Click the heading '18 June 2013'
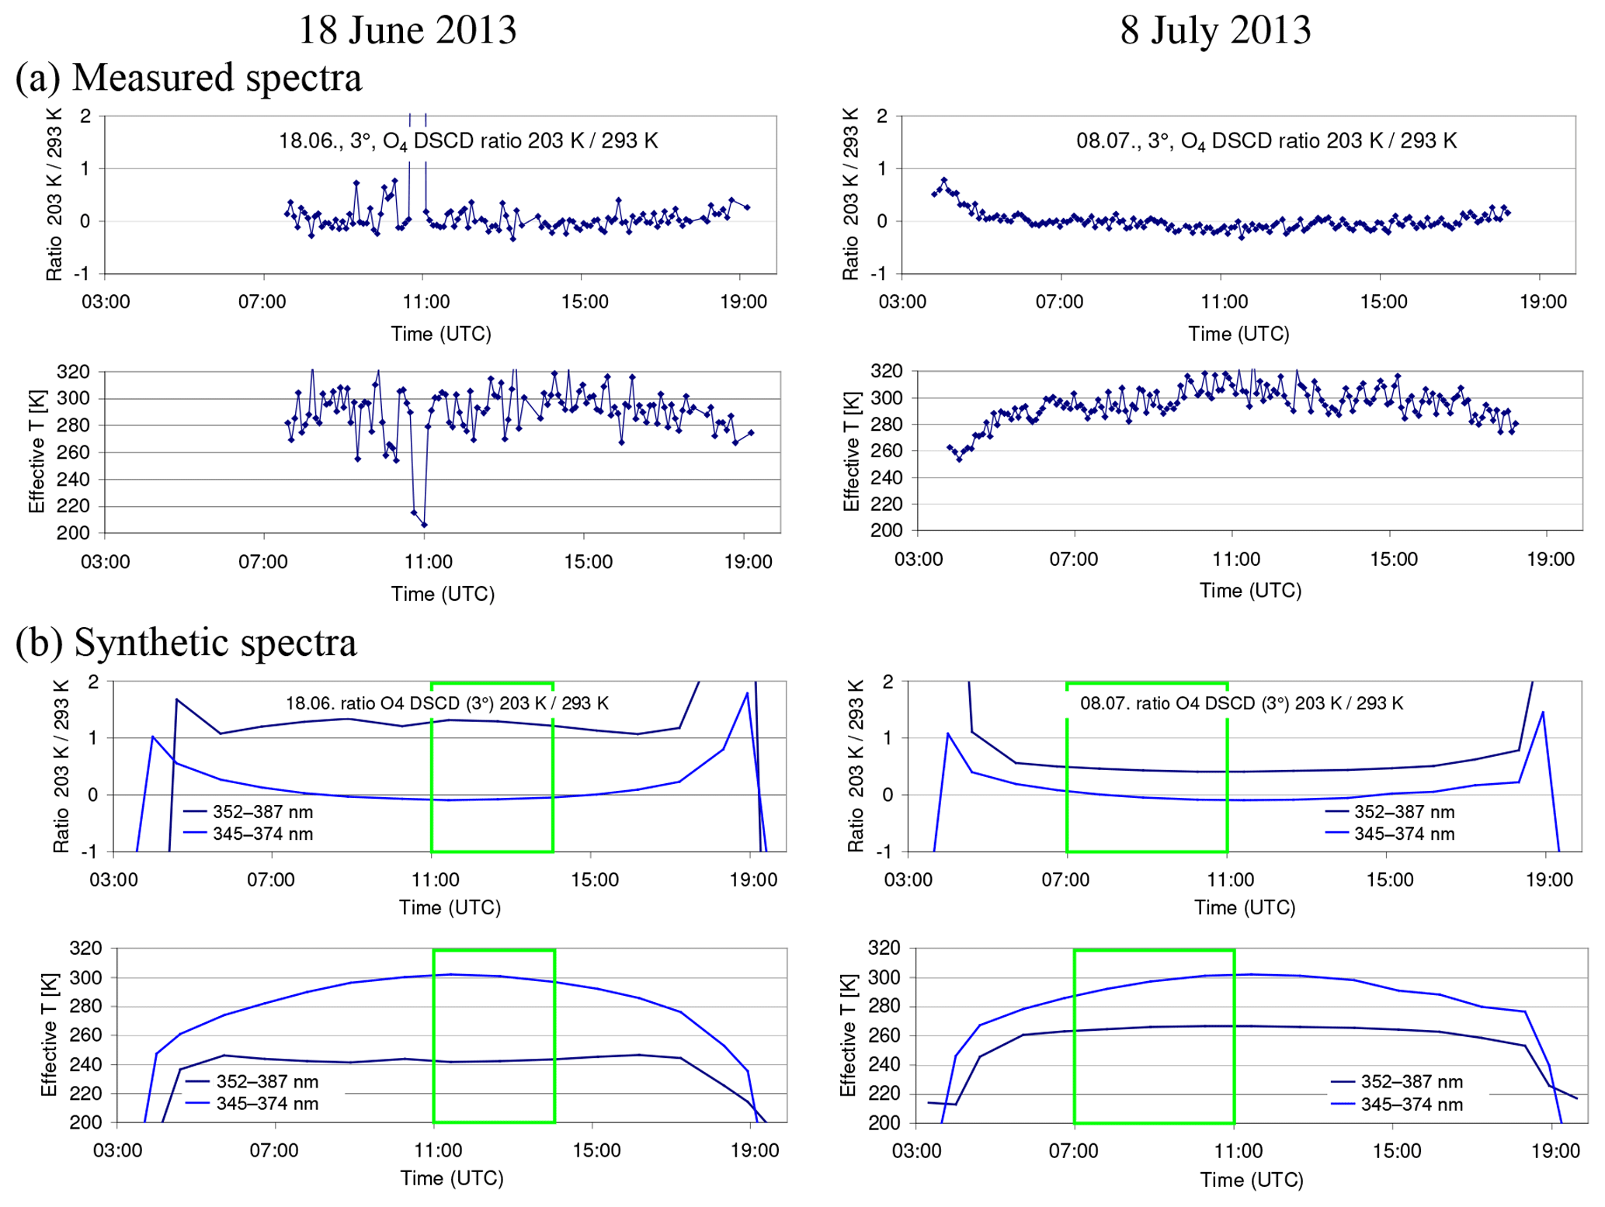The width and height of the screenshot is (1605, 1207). coord(407,30)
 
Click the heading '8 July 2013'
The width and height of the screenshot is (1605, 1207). coord(1214,30)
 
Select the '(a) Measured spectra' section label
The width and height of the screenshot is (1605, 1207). coord(189,78)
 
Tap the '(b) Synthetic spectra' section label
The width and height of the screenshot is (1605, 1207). coord(186,643)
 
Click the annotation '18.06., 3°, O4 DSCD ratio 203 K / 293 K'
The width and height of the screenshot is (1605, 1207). coord(468,141)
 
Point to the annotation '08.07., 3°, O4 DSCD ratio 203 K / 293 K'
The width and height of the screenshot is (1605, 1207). coord(1266,141)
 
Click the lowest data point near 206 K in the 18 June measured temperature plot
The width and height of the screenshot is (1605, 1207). coord(424,525)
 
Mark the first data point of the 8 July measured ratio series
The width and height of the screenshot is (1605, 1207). coord(934,194)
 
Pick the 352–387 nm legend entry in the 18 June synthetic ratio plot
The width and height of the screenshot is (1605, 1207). coord(248,812)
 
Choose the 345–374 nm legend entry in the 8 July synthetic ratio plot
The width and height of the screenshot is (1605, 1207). coord(1390,834)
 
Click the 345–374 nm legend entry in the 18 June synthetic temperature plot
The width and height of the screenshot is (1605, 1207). coord(252,1104)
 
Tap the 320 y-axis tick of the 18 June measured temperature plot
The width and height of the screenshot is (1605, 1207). coord(73,372)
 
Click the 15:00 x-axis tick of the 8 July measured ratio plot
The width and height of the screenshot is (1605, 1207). coord(1383,302)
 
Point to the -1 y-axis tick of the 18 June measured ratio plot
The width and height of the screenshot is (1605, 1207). coord(82,274)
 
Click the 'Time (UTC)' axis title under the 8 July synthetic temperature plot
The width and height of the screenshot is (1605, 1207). coord(1251,1180)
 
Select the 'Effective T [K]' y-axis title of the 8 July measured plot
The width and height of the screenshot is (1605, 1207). coord(851,451)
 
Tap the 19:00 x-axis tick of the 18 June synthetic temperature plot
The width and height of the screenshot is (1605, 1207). coord(754,1150)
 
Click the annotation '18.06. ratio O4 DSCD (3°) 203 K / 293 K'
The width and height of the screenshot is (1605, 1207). coord(447,704)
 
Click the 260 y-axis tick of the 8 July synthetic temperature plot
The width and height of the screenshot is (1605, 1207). coord(884,1035)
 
